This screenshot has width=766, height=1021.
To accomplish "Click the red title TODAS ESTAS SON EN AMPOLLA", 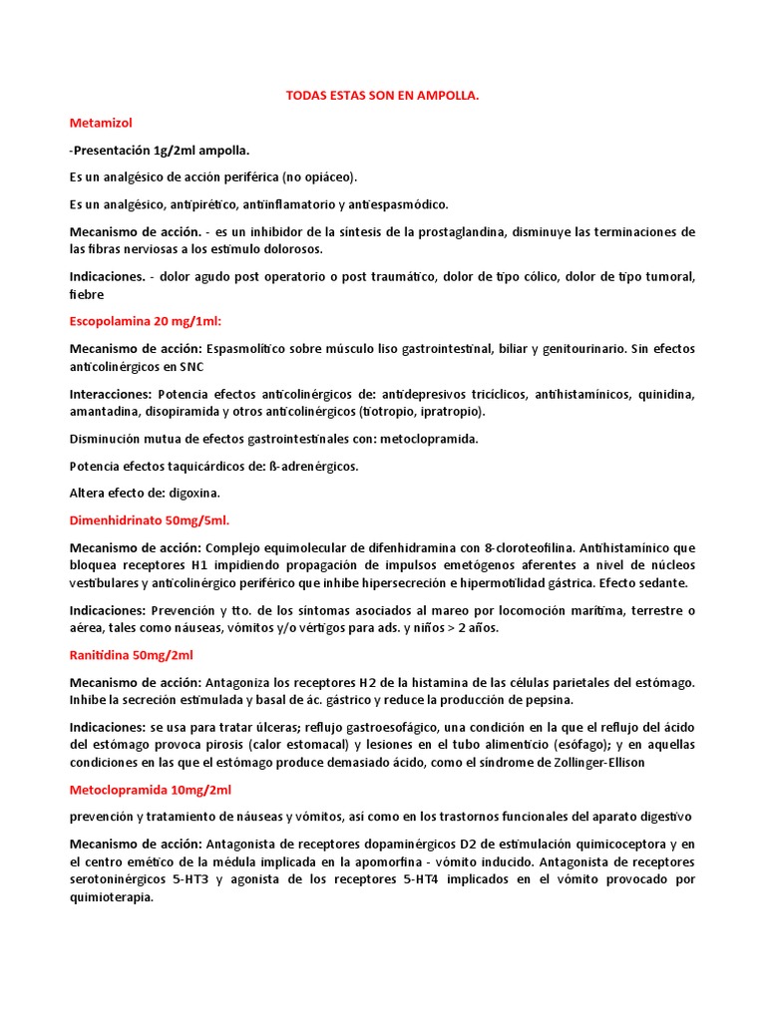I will point(382,96).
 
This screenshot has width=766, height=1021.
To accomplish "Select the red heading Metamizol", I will point(101,123).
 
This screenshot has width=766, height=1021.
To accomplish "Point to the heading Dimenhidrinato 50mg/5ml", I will point(150,519).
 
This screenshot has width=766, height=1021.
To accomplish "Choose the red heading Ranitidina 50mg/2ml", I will point(132,655).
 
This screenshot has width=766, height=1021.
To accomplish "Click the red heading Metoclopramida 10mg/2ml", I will point(150,790).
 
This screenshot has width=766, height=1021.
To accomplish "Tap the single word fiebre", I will point(87,294).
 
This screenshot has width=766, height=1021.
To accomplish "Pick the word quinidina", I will point(666,394).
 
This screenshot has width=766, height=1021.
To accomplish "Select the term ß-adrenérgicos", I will point(314,466).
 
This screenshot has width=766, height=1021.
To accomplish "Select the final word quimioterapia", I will point(112,896).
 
